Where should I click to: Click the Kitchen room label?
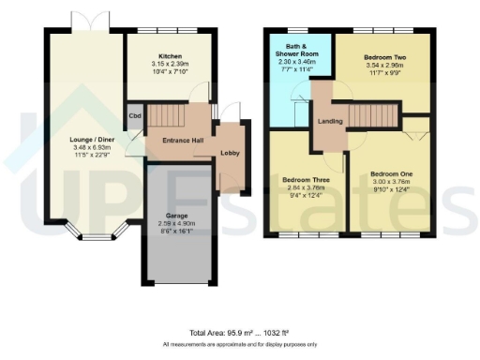[170, 56]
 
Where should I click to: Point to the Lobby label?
[231, 153]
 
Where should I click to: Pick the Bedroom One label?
[391, 174]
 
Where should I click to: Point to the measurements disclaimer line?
[240, 345]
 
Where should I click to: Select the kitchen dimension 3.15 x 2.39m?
[170, 65]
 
